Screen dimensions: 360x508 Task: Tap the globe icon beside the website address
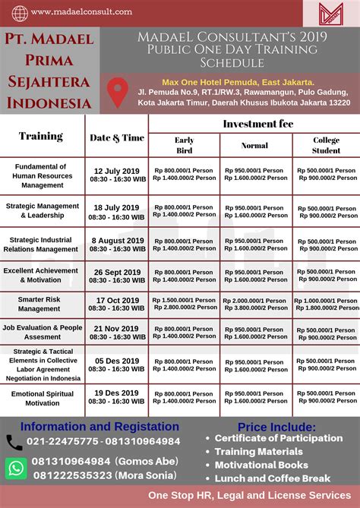20,13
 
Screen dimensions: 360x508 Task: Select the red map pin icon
118,93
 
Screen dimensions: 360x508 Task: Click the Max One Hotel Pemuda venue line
238,82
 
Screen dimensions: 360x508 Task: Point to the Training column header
41,137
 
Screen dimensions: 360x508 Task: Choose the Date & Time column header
117,137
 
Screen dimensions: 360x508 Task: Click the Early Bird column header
184,145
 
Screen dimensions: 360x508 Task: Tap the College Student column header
327,145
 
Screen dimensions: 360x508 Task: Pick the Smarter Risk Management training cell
39,304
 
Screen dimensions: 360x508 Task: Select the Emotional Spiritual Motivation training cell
39,399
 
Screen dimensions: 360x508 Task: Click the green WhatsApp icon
16,467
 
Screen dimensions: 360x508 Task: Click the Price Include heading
276,427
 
